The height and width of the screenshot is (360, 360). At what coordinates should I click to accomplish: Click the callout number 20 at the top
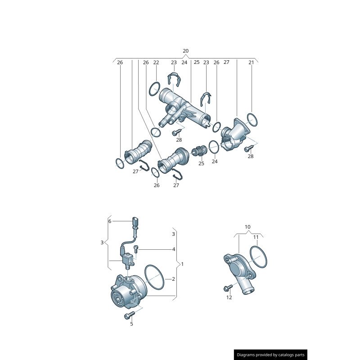(x=185, y=51)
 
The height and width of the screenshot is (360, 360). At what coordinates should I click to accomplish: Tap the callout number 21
(x=251, y=62)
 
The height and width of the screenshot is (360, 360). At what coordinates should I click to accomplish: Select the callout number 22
(x=156, y=62)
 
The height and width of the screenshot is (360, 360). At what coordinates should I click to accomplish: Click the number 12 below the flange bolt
(x=229, y=297)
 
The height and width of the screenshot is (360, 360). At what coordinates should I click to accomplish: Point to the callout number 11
(x=256, y=237)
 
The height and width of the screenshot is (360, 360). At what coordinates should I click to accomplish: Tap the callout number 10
(x=247, y=227)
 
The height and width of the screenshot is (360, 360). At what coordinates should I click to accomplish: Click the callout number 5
(x=131, y=324)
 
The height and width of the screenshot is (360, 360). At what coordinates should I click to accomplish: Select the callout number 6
(x=110, y=221)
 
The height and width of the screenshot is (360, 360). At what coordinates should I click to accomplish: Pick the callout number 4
(x=174, y=249)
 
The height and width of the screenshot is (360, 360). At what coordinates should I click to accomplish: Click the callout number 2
(x=173, y=279)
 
